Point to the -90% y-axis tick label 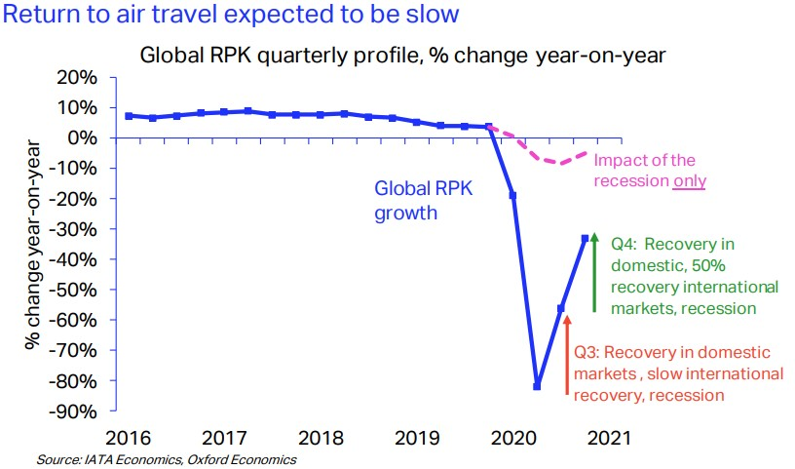(77, 410)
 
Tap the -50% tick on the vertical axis (77, 290)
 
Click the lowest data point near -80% (537, 386)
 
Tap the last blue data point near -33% (586, 238)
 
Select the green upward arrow (595, 272)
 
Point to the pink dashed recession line (546, 158)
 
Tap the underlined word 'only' (690, 180)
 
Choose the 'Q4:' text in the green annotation (624, 245)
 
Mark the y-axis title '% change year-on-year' (36, 243)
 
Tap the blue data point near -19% (512, 195)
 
